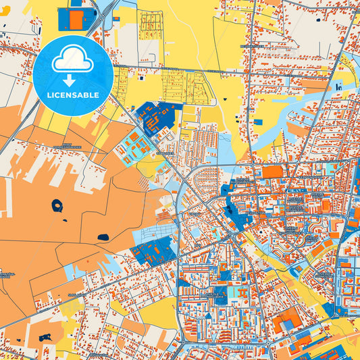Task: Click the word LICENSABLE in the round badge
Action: click(x=73, y=95)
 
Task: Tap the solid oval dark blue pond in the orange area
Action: click(x=103, y=237)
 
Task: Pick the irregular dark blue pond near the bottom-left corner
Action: click(x=45, y=337)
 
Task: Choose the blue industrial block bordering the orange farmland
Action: click(x=152, y=251)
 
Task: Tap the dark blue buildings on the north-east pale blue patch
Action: click(x=337, y=86)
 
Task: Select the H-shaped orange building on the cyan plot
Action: click(x=237, y=292)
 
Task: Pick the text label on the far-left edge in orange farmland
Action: click(x=8, y=275)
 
